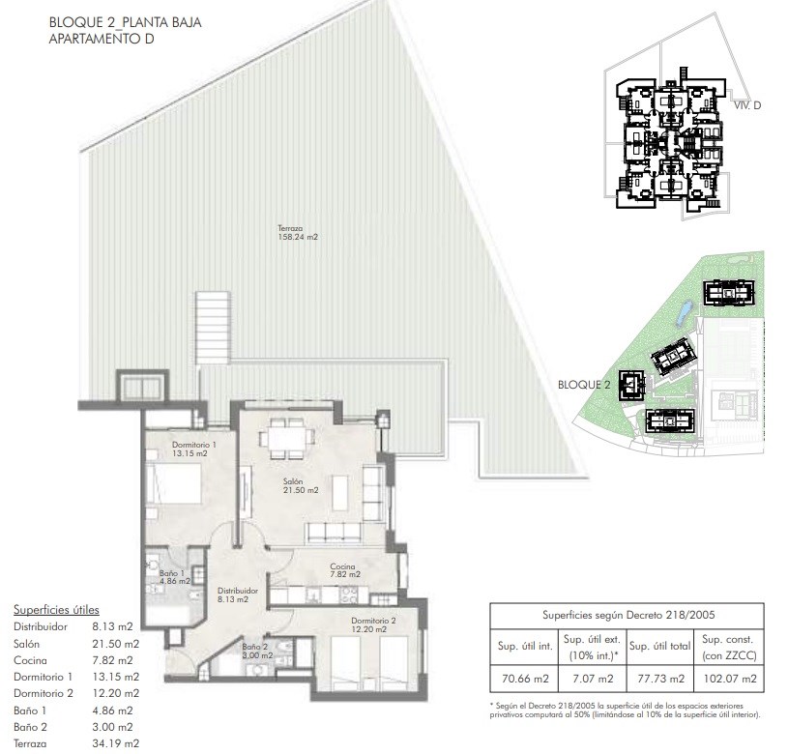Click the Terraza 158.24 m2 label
tap(298, 233)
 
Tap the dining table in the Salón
tap(287, 439)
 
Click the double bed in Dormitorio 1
tap(174, 483)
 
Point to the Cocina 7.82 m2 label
tap(345, 570)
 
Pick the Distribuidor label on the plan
tap(238, 594)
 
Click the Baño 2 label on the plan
tap(257, 651)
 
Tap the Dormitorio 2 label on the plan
tap(373, 624)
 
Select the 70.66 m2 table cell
tap(525, 679)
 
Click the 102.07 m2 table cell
tap(730, 679)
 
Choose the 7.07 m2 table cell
tap(593, 679)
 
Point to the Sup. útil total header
tap(659, 647)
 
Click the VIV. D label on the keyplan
tap(747, 105)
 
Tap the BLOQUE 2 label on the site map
tap(584, 385)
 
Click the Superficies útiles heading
tap(56, 610)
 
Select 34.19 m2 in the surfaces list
tap(116, 743)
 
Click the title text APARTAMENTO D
tap(101, 39)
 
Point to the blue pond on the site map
tap(685, 312)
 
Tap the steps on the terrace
tap(213, 327)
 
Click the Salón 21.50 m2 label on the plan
tap(301, 486)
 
